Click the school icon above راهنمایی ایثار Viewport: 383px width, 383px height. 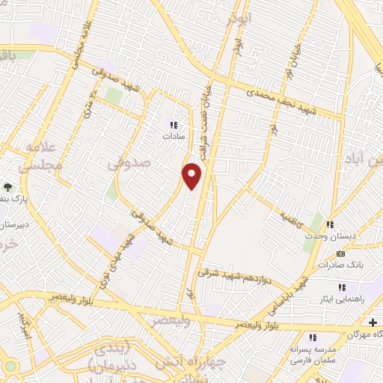[342, 287]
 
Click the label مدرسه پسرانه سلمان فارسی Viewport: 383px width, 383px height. [312, 354]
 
